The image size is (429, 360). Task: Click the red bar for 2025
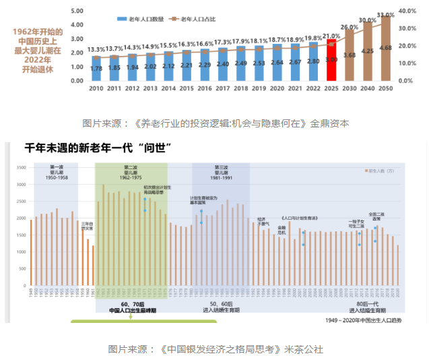pyautogui.click(x=331, y=59)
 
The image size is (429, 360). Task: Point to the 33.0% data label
pyautogui.click(x=385, y=14)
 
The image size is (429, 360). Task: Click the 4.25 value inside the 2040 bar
pyautogui.click(x=368, y=51)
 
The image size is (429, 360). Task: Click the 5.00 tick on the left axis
pyautogui.click(x=76, y=11)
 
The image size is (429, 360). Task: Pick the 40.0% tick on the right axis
pyautogui.click(x=405, y=11)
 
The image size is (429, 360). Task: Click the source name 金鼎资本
pyautogui.click(x=330, y=123)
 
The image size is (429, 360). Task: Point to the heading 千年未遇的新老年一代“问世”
pyautogui.click(x=95, y=146)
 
